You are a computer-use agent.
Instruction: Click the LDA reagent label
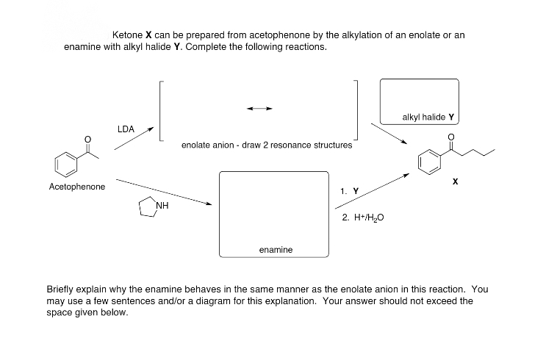pyautogui.click(x=126, y=129)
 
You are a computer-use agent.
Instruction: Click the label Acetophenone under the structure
pyautogui.click(x=76, y=187)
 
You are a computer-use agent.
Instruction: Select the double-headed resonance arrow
pyautogui.click(x=259, y=109)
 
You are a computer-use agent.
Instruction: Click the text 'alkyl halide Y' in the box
pyautogui.click(x=428, y=117)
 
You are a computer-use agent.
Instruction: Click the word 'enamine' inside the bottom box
pyautogui.click(x=276, y=250)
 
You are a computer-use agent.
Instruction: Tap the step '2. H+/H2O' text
pyautogui.click(x=363, y=218)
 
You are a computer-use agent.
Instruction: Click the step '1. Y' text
pyautogui.click(x=350, y=191)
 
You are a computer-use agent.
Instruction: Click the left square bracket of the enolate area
pyautogui.click(x=160, y=109)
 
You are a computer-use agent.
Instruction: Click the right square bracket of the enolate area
pyautogui.click(x=356, y=109)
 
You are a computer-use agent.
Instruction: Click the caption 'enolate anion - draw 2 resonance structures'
pyautogui.click(x=266, y=145)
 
